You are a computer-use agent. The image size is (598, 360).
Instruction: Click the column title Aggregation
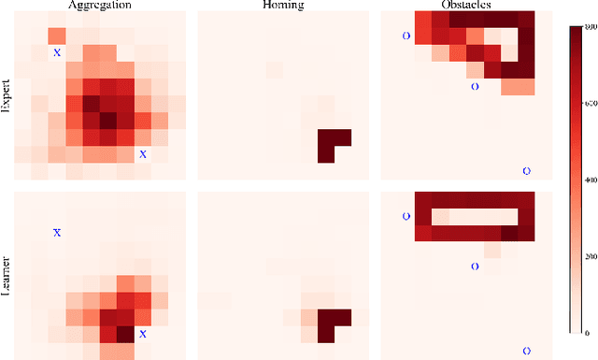(100, 5)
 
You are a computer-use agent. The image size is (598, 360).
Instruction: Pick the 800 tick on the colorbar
(588, 27)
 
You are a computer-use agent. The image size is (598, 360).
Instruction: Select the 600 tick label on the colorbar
(588, 103)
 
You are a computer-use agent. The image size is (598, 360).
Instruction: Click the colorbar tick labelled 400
(588, 180)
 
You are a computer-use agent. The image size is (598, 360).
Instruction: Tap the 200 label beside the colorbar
(588, 255)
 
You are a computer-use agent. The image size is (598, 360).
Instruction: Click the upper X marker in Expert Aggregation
(57, 52)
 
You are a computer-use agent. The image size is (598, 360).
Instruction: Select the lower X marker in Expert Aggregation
(143, 154)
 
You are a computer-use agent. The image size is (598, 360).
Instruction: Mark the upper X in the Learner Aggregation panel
(57, 232)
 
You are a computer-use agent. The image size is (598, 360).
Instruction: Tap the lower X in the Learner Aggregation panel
(143, 334)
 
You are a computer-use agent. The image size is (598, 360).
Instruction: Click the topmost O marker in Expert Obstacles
(406, 36)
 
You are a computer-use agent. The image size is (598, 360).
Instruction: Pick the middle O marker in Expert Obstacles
(474, 86)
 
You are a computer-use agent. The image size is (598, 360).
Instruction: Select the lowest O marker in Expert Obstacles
(526, 171)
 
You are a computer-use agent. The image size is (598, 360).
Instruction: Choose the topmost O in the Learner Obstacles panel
(406, 216)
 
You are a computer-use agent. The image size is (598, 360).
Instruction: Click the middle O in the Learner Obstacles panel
(474, 266)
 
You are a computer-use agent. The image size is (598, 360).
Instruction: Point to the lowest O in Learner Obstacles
(526, 351)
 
